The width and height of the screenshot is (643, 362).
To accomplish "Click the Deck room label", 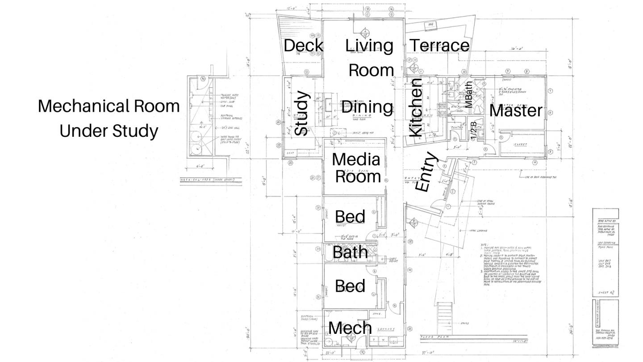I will pos(303,46).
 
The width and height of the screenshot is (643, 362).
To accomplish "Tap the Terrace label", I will pos(439,46).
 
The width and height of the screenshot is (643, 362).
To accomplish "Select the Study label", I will pos(301,113).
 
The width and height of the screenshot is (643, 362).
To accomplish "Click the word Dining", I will pos(367,107).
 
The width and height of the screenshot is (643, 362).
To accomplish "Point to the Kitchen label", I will pos(416,108).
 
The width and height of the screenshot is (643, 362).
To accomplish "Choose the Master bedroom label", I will pos(516,110).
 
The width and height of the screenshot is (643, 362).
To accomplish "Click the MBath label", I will pos(468,94).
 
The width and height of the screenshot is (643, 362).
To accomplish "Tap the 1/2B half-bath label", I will pos(473,130).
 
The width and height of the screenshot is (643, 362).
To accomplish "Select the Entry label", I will pos(426,172).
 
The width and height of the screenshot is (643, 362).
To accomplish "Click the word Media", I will pos(356,160).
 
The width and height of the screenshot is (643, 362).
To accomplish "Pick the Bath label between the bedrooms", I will pos(350,252).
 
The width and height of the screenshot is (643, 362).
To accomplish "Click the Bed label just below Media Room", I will pos(350,217).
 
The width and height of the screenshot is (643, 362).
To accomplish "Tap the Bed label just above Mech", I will pos(350,286).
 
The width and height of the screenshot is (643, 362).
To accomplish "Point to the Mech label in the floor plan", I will pos(350,328).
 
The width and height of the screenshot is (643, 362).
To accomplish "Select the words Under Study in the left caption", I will pos(109,131).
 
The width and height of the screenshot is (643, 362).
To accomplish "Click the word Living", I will pos(369,46).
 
